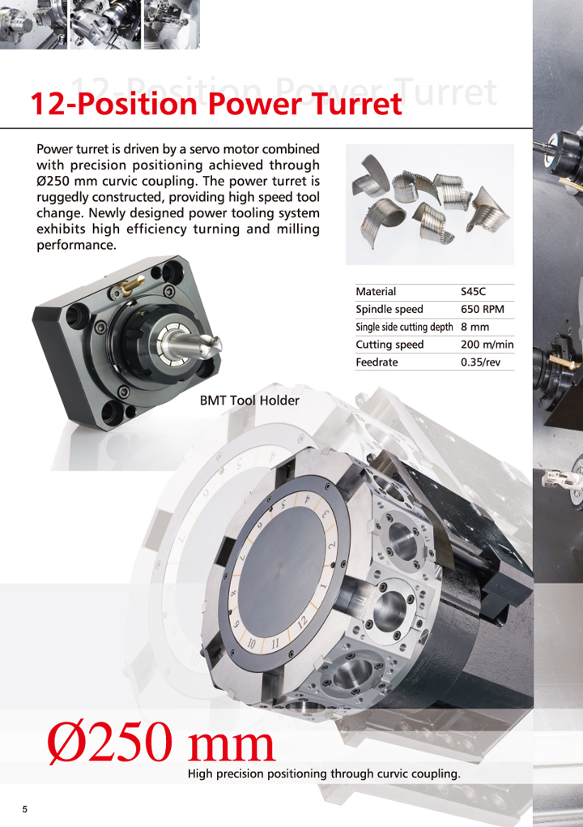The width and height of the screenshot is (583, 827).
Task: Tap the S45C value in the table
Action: (x=473, y=292)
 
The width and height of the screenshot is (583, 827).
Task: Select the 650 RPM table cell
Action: (x=482, y=309)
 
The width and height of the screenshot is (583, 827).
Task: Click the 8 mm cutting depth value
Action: (x=474, y=327)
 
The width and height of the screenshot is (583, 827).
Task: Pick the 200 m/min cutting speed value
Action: (x=487, y=345)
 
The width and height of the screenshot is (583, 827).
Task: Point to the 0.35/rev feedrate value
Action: (x=480, y=362)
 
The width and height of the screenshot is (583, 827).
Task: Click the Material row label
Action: (x=376, y=292)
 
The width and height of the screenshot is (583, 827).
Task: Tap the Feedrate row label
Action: (x=377, y=362)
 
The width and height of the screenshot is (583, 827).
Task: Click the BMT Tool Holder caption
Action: (x=249, y=401)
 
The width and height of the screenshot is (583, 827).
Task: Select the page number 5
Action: (x=25, y=810)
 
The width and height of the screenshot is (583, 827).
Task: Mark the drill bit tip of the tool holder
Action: (x=217, y=345)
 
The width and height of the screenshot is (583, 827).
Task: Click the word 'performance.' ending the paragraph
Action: (x=76, y=246)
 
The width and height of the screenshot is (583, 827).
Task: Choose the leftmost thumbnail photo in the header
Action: (x=33, y=24)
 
